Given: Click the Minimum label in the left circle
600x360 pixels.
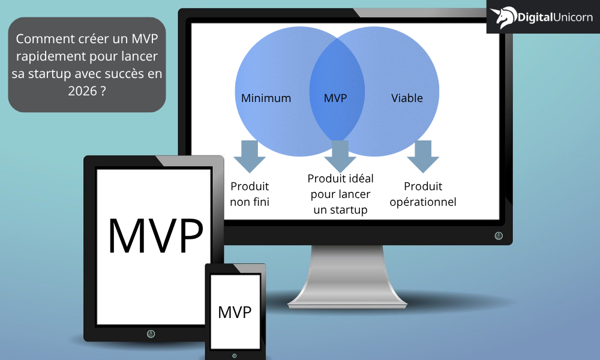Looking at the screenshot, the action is (266, 98).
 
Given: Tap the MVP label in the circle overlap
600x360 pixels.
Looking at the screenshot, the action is (335, 98).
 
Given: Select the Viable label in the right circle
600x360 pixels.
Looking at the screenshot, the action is (407, 98).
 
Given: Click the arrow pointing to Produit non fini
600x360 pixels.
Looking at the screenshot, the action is (250, 157).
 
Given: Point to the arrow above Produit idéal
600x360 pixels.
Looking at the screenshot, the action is (340, 157).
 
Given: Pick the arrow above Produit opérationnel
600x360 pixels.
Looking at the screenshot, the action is (423, 157).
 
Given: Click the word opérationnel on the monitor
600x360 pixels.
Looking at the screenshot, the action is (423, 202).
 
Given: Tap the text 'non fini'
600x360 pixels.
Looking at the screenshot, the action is (250, 202).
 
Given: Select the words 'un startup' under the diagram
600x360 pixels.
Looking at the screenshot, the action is (340, 210).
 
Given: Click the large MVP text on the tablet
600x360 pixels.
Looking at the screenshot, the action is (155, 236).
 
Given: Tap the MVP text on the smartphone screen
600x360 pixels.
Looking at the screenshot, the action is (235, 313).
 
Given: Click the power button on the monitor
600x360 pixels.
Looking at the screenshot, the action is (499, 236).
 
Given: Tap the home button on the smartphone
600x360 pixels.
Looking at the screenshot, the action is (234, 356).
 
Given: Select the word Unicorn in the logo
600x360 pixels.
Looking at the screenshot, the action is (573, 17).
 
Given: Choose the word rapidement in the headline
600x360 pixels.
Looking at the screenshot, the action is (48, 56).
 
